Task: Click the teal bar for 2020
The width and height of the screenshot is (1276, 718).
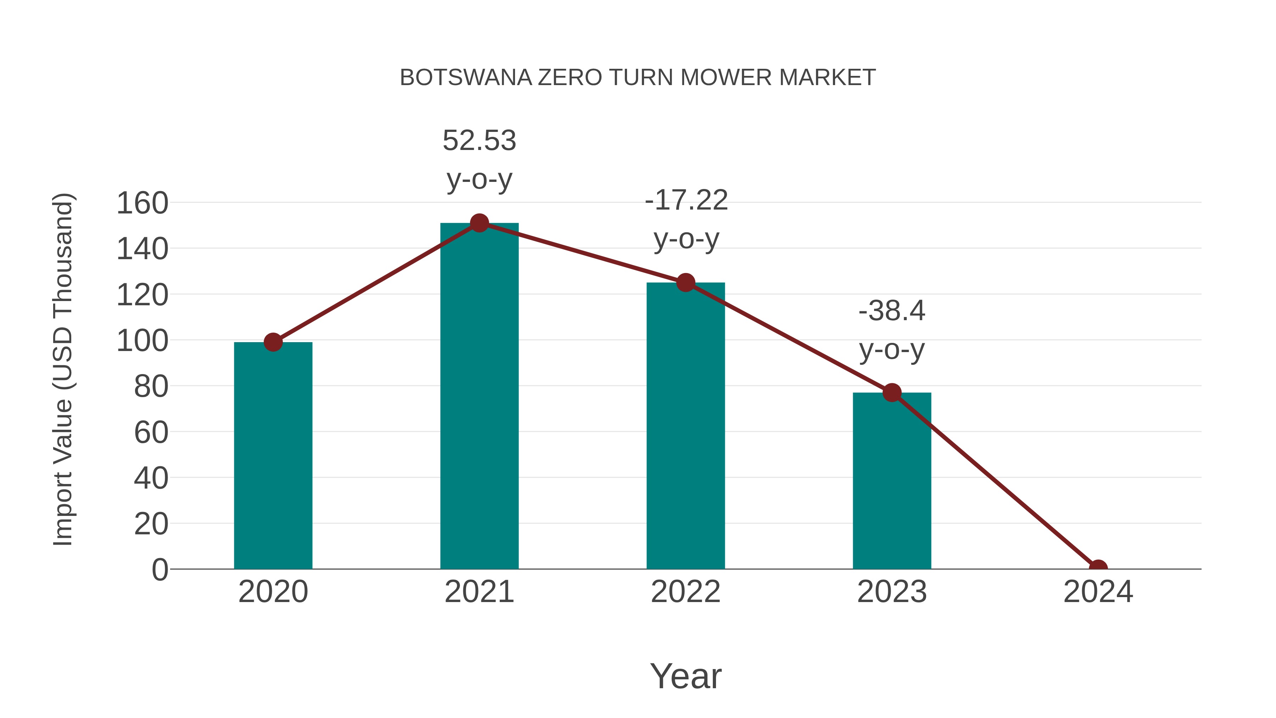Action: [273, 456]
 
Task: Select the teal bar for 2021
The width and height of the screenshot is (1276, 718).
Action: [479, 396]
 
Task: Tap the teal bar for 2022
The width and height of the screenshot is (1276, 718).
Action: [685, 426]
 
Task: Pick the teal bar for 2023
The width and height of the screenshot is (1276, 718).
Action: [892, 481]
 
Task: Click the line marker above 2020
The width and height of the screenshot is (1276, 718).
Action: [273, 342]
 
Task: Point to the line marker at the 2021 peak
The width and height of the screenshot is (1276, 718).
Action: [479, 223]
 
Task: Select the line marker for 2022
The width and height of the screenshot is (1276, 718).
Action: [685, 283]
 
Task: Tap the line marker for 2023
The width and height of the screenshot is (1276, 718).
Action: [892, 393]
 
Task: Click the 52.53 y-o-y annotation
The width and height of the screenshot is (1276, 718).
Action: [479, 159]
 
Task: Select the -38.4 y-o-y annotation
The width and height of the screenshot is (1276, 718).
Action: [892, 330]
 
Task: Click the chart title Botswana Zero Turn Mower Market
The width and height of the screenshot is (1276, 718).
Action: [638, 78]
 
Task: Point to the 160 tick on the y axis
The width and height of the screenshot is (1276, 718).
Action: [142, 203]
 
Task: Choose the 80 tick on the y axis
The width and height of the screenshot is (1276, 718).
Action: [151, 386]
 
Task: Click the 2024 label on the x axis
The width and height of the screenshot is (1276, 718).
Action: [1098, 592]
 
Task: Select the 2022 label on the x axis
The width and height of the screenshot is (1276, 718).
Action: [685, 592]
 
